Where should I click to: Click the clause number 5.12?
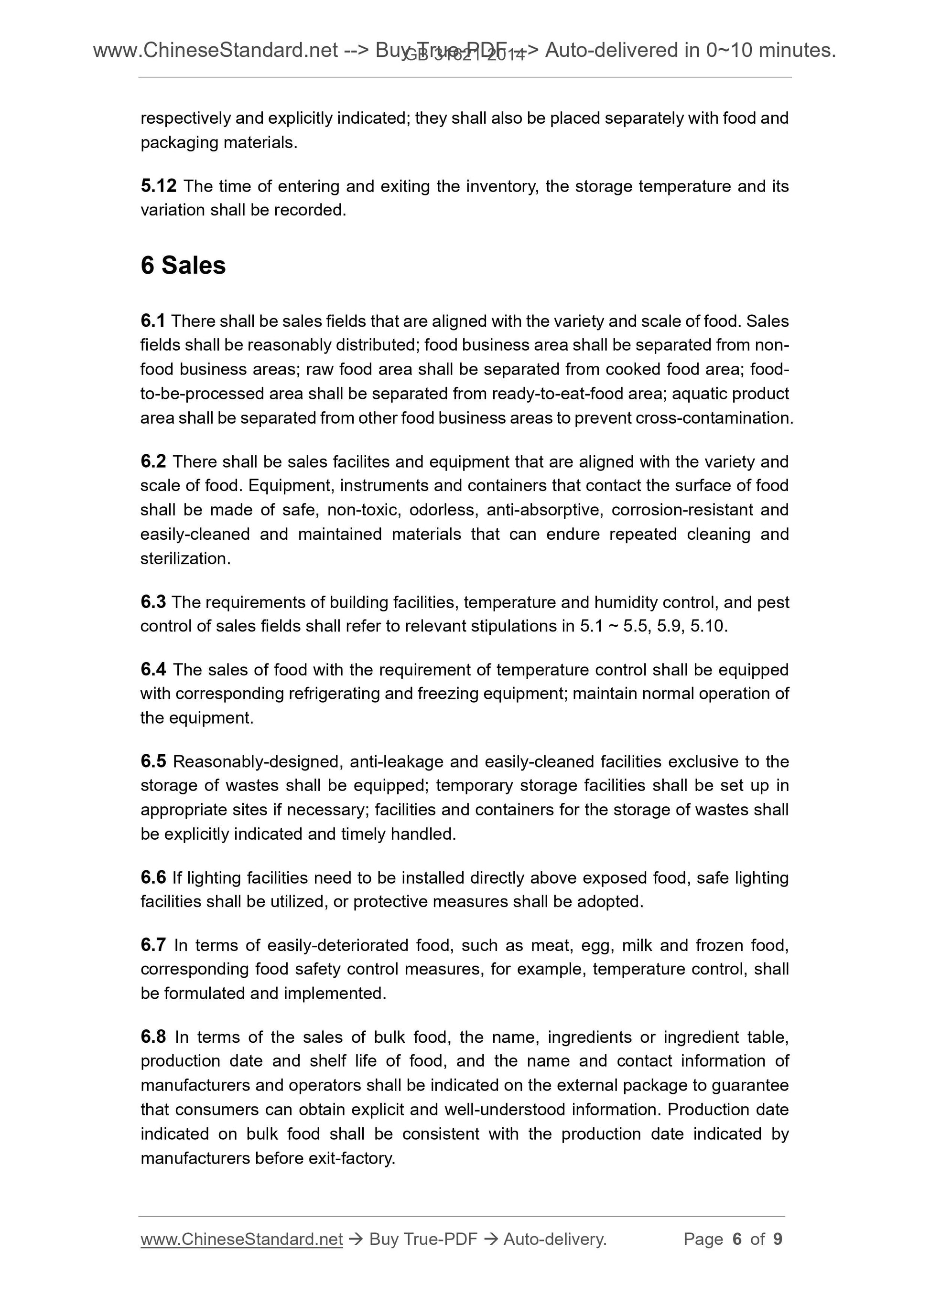tap(158, 186)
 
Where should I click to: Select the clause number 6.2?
tap(153, 461)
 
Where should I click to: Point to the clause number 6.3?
tap(153, 602)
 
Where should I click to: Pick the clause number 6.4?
tap(153, 670)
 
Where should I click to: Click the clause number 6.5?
tap(153, 761)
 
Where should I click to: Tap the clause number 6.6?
tap(153, 877)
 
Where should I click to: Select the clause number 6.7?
tap(153, 945)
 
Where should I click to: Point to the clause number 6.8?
tap(153, 1037)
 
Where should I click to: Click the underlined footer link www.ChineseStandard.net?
tap(241, 1240)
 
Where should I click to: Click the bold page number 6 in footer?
tap(737, 1240)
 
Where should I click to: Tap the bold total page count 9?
tap(778, 1240)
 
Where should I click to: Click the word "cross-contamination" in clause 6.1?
tap(713, 418)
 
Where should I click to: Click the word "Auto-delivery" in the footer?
tap(553, 1240)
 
